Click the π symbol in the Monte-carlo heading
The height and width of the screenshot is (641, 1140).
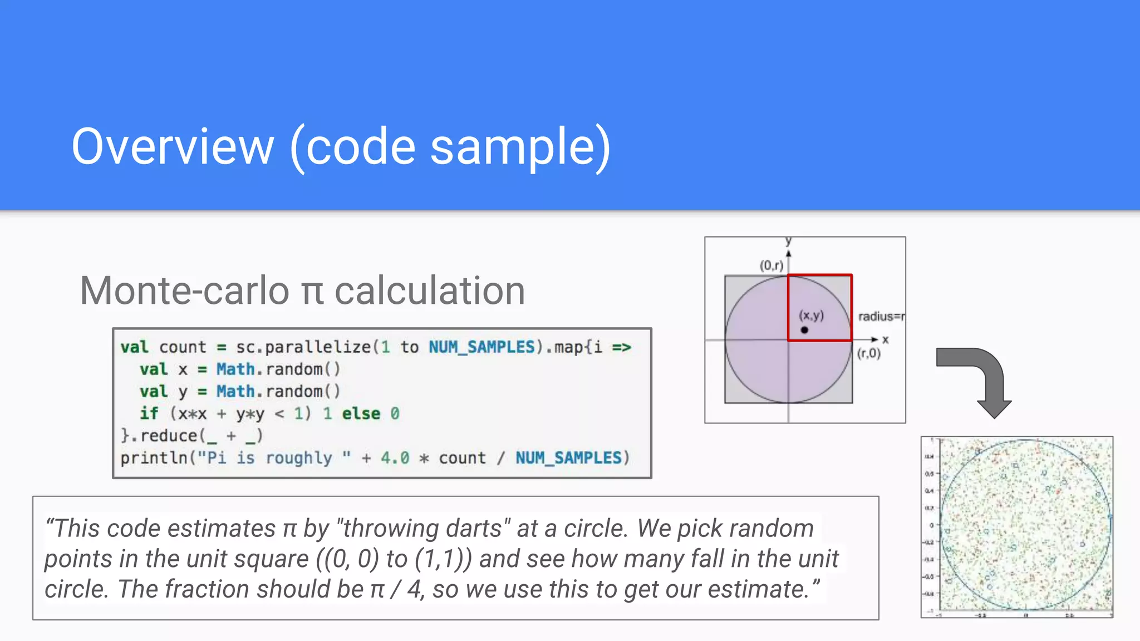coord(312,292)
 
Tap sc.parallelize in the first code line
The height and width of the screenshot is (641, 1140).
coord(303,347)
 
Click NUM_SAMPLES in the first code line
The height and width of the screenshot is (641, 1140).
coord(481,347)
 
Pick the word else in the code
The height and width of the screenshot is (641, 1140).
coord(361,413)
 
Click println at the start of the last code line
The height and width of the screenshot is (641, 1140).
coord(154,458)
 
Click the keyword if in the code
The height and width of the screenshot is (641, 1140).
coord(149,413)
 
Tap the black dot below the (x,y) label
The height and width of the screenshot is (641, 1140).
coord(804,330)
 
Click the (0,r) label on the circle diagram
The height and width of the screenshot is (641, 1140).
coord(772,265)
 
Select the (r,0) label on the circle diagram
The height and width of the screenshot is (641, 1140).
coord(869,353)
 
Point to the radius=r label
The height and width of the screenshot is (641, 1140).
coord(881,317)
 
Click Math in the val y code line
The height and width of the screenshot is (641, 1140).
coord(235,391)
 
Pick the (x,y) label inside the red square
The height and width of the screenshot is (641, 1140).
coord(812,315)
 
